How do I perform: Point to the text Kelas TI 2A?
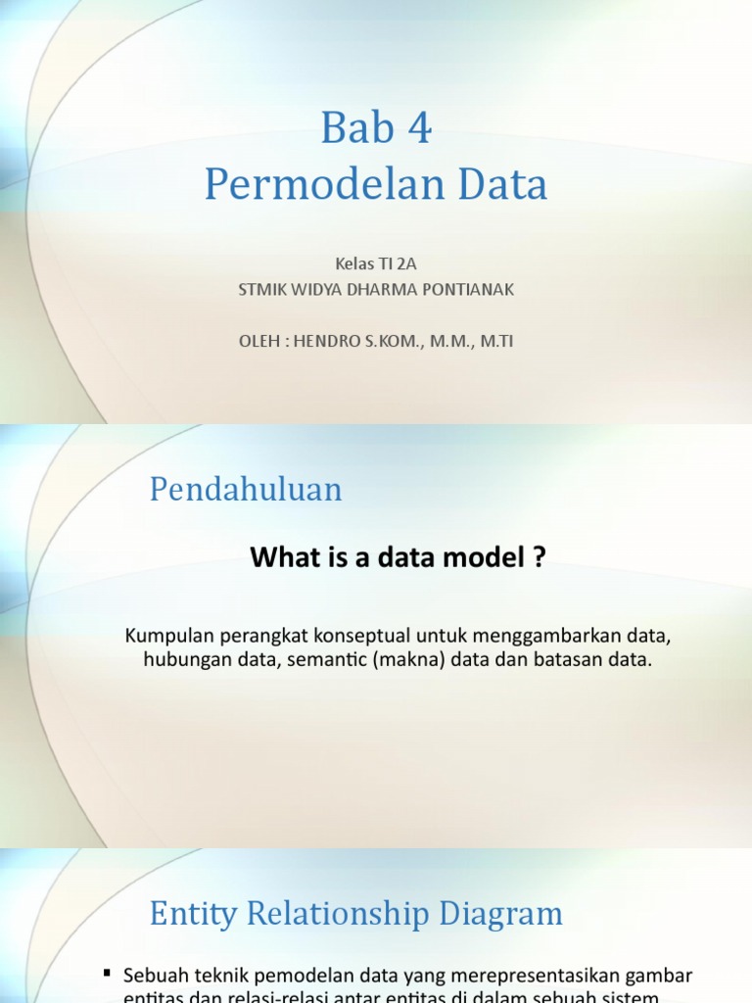click(x=376, y=263)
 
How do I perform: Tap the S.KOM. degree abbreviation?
click(x=399, y=341)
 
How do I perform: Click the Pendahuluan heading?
click(x=246, y=489)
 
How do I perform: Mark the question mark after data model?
click(x=539, y=557)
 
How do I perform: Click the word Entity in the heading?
click(x=192, y=915)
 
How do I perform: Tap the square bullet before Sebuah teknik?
click(x=107, y=972)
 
